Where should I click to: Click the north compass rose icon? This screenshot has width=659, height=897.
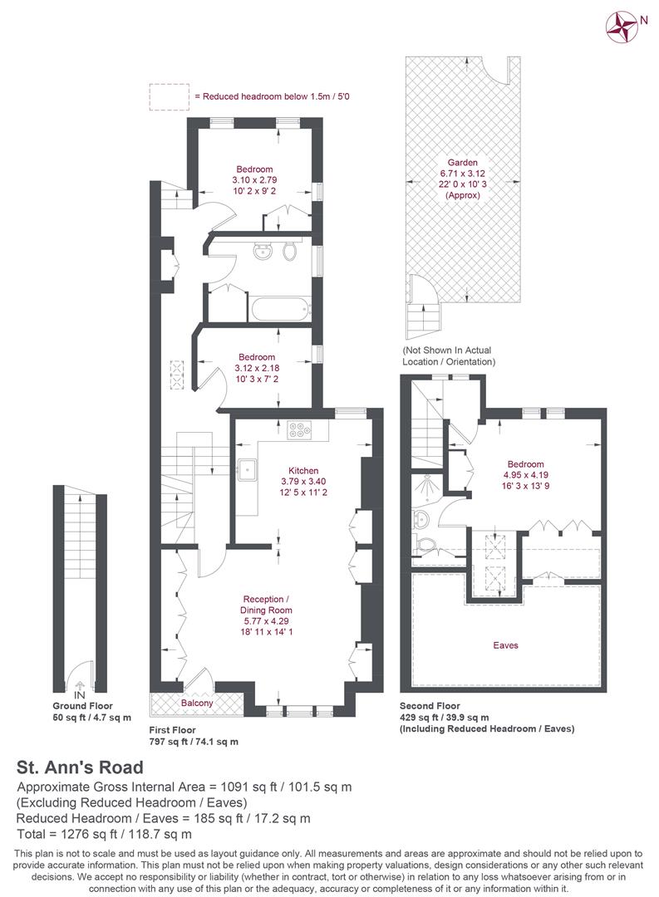(x=622, y=27)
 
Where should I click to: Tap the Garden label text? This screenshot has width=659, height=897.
(x=462, y=163)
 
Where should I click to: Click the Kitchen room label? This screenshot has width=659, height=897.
(x=303, y=470)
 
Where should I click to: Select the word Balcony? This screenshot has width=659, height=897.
(x=197, y=703)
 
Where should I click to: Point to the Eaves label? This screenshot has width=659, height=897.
(x=505, y=645)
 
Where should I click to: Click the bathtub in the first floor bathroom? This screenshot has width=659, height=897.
(x=281, y=309)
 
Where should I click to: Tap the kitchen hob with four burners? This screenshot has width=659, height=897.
(x=299, y=430)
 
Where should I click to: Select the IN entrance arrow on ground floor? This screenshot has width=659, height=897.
(x=80, y=684)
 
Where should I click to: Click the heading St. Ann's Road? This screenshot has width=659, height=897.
(x=80, y=767)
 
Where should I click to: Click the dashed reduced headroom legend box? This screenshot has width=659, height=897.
(x=169, y=96)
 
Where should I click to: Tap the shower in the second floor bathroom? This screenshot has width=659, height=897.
(x=425, y=488)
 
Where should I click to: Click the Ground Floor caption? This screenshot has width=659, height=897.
(x=82, y=706)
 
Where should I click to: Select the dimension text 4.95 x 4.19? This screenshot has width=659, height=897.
(x=525, y=475)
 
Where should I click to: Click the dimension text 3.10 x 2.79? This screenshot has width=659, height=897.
(x=255, y=179)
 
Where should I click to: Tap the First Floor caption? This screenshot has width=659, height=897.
(x=172, y=730)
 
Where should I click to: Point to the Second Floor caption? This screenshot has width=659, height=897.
(x=430, y=706)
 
